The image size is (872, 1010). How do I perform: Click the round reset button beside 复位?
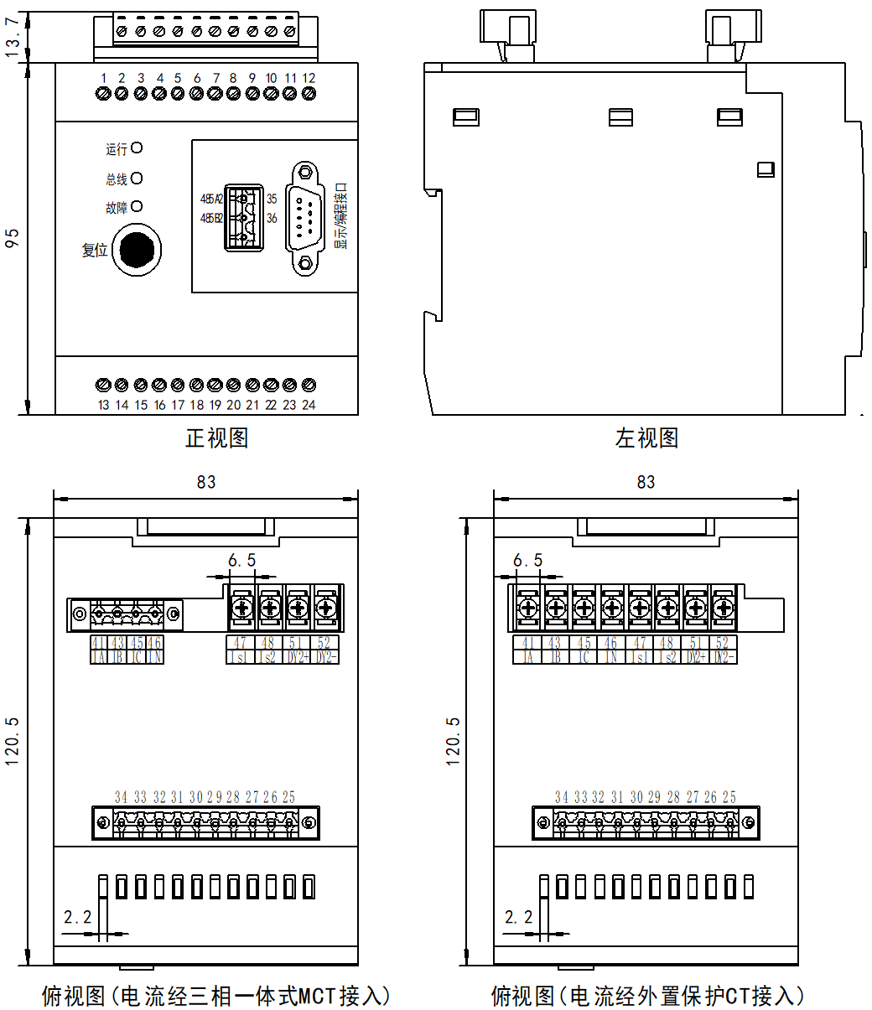[x=136, y=250]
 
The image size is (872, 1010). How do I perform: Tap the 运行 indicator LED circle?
[x=137, y=148]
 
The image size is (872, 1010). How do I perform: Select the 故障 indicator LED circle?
[x=137, y=206]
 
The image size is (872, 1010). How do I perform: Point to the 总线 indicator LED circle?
[x=137, y=178]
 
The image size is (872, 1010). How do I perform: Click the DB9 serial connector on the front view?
[x=306, y=218]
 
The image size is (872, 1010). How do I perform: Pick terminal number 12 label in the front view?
[x=309, y=78]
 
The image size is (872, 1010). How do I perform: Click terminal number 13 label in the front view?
[x=103, y=405]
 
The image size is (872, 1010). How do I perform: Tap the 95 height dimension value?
[x=13, y=238]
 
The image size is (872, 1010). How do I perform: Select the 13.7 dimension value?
[x=13, y=38]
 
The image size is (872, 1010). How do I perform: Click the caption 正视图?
[x=216, y=438]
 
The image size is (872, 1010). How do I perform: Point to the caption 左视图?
[x=646, y=438]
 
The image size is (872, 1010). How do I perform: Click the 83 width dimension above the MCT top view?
[x=205, y=482]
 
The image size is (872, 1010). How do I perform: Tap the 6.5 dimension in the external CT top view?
[x=527, y=560]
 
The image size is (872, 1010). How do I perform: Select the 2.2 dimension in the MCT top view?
[x=78, y=918]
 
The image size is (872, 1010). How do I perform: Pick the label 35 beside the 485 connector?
[x=272, y=199]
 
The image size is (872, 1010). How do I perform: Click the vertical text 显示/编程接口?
[x=340, y=216]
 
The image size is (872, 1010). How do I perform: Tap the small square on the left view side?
[x=765, y=169]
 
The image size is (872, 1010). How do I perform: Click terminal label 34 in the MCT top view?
[x=121, y=797]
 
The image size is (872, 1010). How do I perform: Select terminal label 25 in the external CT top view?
[x=729, y=797]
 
